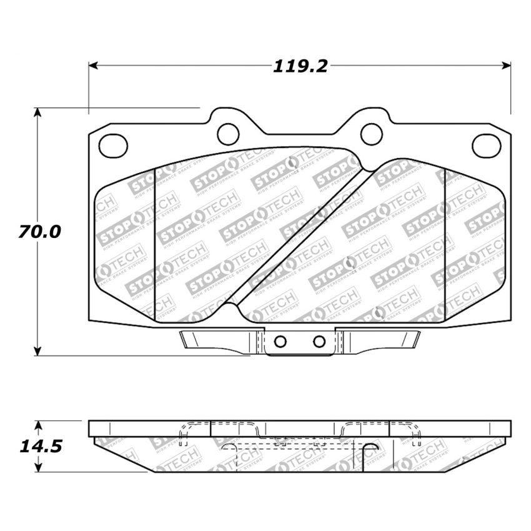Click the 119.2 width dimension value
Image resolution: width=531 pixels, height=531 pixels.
click(300, 66)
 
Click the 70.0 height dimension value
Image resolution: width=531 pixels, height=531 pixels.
click(39, 232)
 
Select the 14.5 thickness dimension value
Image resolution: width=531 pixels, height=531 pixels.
click(39, 447)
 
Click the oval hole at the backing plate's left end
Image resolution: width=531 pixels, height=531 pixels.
click(113, 145)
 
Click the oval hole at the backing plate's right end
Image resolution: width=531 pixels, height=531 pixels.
click(486, 145)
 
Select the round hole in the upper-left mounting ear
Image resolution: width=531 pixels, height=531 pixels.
click(228, 132)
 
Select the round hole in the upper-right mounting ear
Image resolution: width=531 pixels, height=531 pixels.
click(372, 132)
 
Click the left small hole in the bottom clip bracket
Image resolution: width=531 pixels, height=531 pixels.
click(280, 341)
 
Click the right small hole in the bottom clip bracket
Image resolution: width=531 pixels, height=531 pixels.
click(319, 341)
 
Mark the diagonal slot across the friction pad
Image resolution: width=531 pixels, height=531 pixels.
click(300, 237)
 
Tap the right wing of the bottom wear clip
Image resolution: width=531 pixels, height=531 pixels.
click(384, 340)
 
